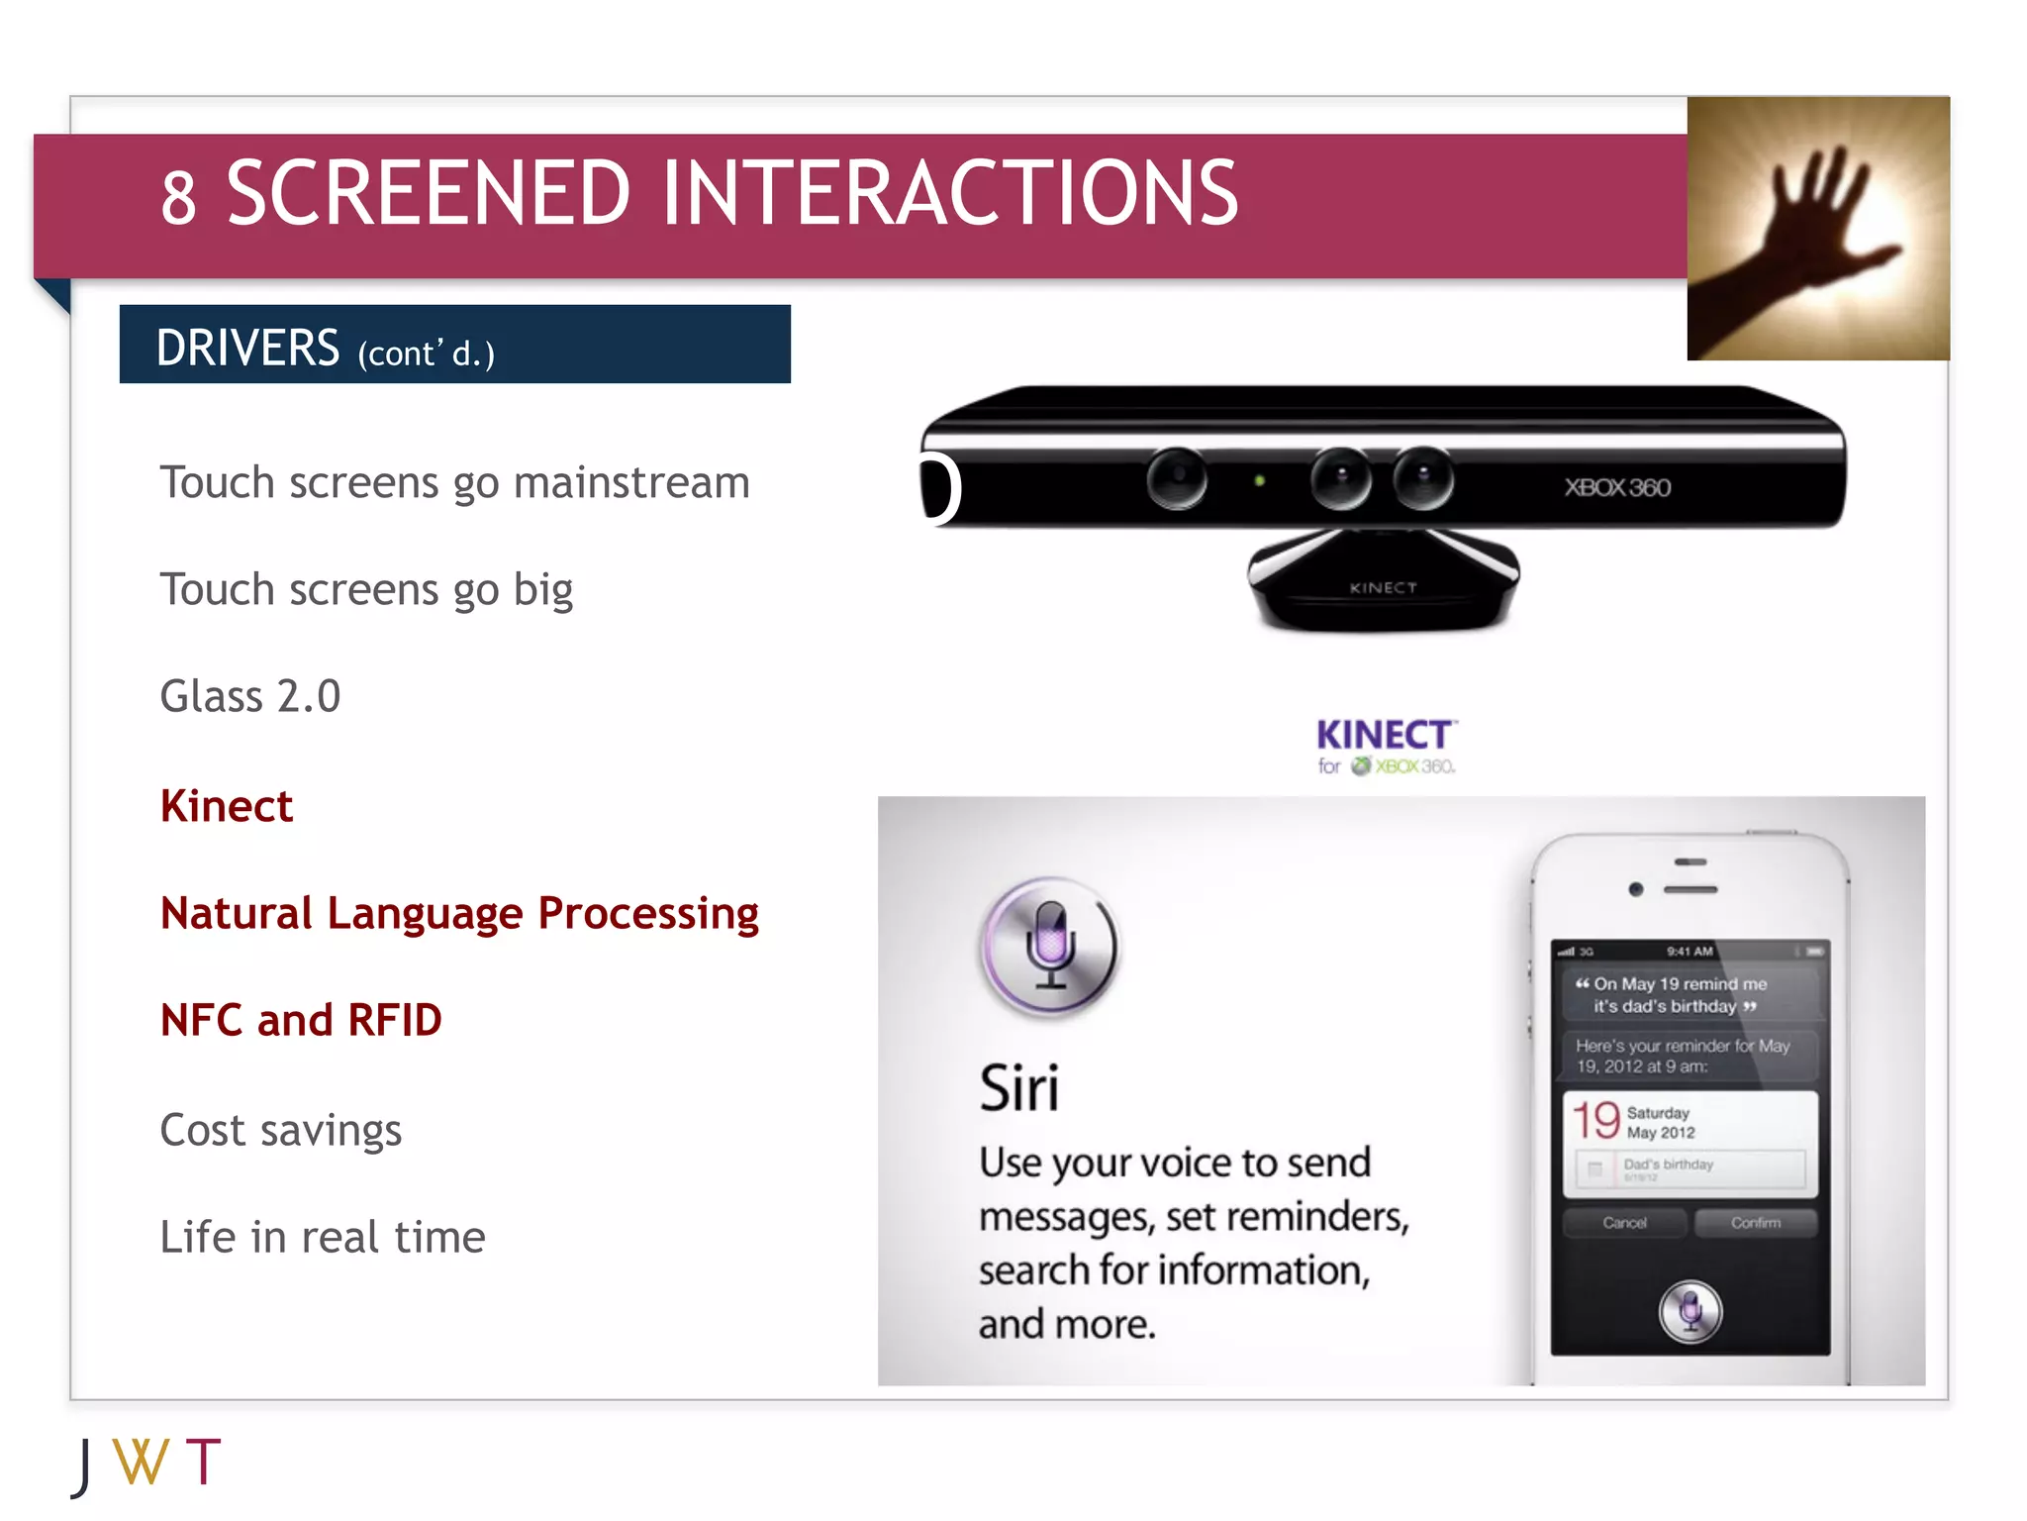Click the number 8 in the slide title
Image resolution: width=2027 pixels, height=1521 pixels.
pos(178,198)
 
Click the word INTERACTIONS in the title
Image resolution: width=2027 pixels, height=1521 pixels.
pos(949,193)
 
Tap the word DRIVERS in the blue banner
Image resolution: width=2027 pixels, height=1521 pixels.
pos(247,348)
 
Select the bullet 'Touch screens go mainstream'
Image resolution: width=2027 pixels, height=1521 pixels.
pos(454,483)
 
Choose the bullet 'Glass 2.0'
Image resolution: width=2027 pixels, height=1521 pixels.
pos(250,696)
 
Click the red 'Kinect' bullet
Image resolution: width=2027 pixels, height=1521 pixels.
pos(227,806)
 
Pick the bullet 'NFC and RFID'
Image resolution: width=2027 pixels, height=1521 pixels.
pos(301,1020)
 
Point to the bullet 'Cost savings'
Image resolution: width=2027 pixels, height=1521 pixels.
pos(281,1130)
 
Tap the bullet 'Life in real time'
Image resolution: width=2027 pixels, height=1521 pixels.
pos(323,1237)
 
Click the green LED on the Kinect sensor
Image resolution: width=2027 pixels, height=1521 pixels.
pos(1259,481)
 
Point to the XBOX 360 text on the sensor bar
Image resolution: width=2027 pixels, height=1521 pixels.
pos(1617,487)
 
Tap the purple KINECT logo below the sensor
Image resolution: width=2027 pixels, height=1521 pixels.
pos(1384,736)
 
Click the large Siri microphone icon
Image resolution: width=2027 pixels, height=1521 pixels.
pos(1050,947)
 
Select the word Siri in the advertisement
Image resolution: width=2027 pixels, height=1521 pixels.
pos(1018,1089)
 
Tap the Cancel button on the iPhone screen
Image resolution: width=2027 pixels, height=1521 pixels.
pos(1624,1223)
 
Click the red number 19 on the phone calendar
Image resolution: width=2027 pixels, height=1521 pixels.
pos(1595,1121)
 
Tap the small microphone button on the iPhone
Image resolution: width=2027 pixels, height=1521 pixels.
pos(1690,1312)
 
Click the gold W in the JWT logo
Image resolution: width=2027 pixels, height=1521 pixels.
pos(141,1462)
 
